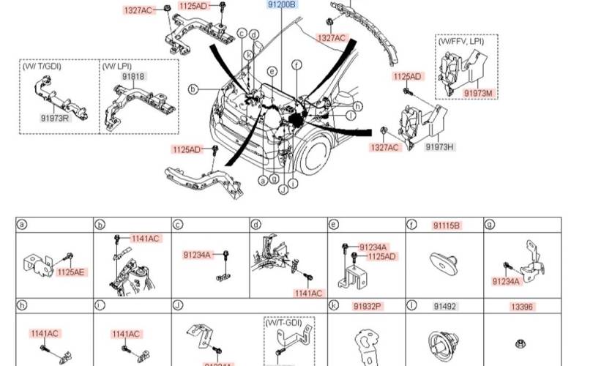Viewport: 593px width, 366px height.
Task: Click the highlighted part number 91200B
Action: [280, 4]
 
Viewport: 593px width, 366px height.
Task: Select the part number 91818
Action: [133, 76]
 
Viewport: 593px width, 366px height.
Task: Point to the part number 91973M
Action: [479, 93]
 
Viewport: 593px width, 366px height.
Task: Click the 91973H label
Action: [440, 147]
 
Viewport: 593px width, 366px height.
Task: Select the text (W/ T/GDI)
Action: [42, 66]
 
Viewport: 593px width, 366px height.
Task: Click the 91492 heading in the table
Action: [444, 305]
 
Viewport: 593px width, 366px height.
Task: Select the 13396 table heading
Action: [521, 305]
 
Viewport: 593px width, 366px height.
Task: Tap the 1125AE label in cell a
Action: [71, 272]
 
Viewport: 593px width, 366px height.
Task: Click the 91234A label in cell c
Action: [197, 255]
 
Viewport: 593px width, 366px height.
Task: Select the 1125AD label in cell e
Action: [381, 256]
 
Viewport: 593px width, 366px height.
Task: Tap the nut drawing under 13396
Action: [521, 343]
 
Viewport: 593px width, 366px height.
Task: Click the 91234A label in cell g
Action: [506, 280]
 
